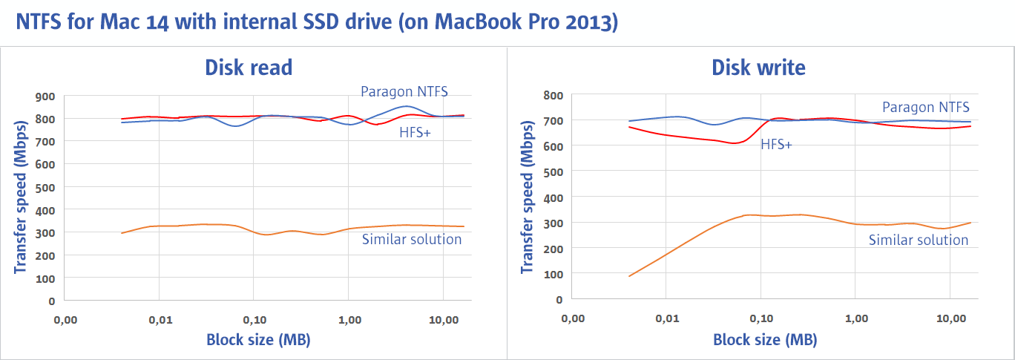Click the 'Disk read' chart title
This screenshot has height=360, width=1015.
coord(249,68)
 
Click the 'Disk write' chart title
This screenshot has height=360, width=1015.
coord(758,68)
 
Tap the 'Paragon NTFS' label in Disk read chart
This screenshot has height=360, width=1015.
coord(404,91)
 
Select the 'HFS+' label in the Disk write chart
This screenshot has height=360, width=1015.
coord(776,145)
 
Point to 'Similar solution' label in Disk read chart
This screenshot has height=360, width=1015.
coord(412,239)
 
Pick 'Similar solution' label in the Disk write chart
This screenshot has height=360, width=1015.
coord(919,240)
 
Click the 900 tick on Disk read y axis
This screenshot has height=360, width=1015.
coord(46,96)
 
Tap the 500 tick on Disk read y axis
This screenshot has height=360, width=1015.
coord(46,187)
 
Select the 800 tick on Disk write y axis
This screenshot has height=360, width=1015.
coord(553,95)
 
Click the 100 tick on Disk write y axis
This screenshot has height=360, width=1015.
coord(553,274)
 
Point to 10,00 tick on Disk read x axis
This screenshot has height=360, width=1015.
coord(443,321)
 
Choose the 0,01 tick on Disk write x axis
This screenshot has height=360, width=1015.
coord(667,318)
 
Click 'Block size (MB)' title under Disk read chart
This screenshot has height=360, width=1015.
coord(258,340)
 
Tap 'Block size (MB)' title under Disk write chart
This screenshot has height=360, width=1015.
coord(765,340)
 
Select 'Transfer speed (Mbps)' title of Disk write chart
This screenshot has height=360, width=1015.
coord(528,197)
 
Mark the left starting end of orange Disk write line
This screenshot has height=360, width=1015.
coord(629,276)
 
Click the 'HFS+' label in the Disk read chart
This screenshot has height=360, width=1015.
coord(415,133)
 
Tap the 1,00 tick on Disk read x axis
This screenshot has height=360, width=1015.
coord(349,321)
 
